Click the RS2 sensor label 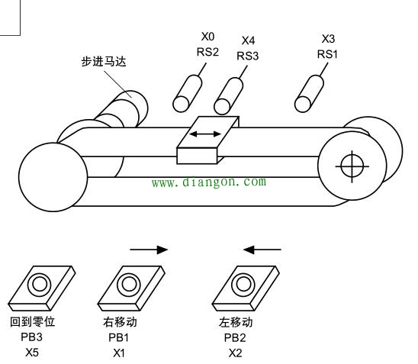click(x=207, y=52)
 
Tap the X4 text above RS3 click(x=248, y=40)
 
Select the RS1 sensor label click(x=327, y=54)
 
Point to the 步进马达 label click(x=104, y=61)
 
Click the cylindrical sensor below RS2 click(x=188, y=93)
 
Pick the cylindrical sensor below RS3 click(x=229, y=96)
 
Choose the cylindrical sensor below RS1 click(x=309, y=94)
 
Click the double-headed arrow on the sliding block click(x=205, y=134)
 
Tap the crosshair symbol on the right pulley click(x=352, y=166)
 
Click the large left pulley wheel click(x=53, y=177)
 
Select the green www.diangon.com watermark click(x=209, y=182)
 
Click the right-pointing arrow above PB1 click(x=149, y=250)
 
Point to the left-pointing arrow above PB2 click(x=262, y=250)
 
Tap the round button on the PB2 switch click(x=243, y=285)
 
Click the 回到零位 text click(x=33, y=321)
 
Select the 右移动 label click(x=120, y=322)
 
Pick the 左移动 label click(x=236, y=322)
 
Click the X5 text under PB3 click(x=32, y=353)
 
